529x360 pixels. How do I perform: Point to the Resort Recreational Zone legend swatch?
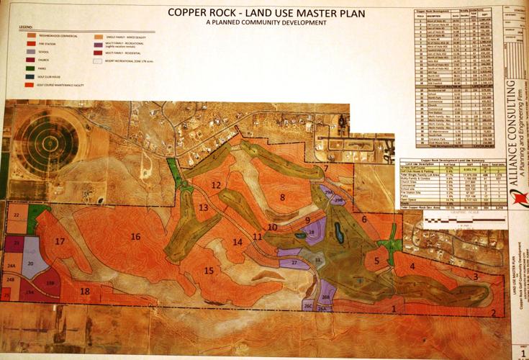click(x=98, y=61)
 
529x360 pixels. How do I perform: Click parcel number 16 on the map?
click(x=135, y=236)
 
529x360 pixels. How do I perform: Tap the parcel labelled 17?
click(x=60, y=241)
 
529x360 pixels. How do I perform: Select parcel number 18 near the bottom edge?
click(x=85, y=291)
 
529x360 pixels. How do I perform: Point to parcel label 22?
click(x=15, y=215)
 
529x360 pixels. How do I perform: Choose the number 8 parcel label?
click(x=283, y=197)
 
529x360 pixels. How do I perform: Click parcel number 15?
click(x=209, y=270)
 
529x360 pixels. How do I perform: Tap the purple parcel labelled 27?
click(x=294, y=264)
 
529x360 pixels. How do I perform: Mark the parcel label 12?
click(x=215, y=185)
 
